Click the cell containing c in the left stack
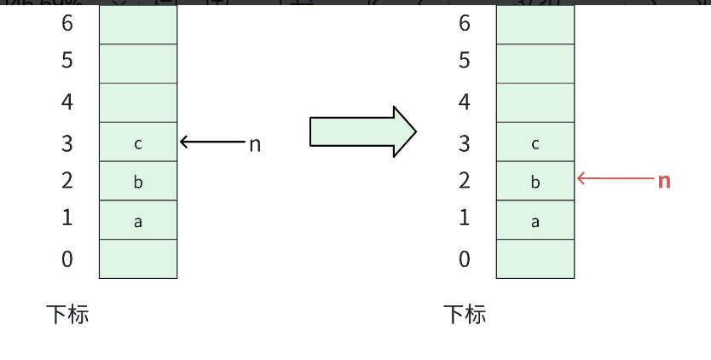pyautogui.click(x=138, y=142)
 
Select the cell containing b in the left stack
pyautogui.click(x=138, y=181)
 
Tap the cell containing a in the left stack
pyautogui.click(x=138, y=220)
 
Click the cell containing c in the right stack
pyautogui.click(x=535, y=142)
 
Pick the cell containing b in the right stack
pyautogui.click(x=535, y=181)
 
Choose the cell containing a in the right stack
pyautogui.click(x=535, y=220)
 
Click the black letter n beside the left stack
pyautogui.click(x=254, y=144)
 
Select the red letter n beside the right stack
pyautogui.click(x=664, y=180)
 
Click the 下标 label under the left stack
pyautogui.click(x=67, y=314)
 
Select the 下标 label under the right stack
pyautogui.click(x=465, y=314)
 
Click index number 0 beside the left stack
pyautogui.click(x=67, y=258)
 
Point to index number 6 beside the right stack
pyautogui.click(x=465, y=23)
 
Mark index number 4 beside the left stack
pyautogui.click(x=67, y=102)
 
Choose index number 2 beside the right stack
pyautogui.click(x=465, y=180)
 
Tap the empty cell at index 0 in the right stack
pyautogui.click(x=535, y=258)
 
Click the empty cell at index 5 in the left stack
pyautogui.click(x=138, y=63)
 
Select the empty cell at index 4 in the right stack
pyautogui.click(x=535, y=102)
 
